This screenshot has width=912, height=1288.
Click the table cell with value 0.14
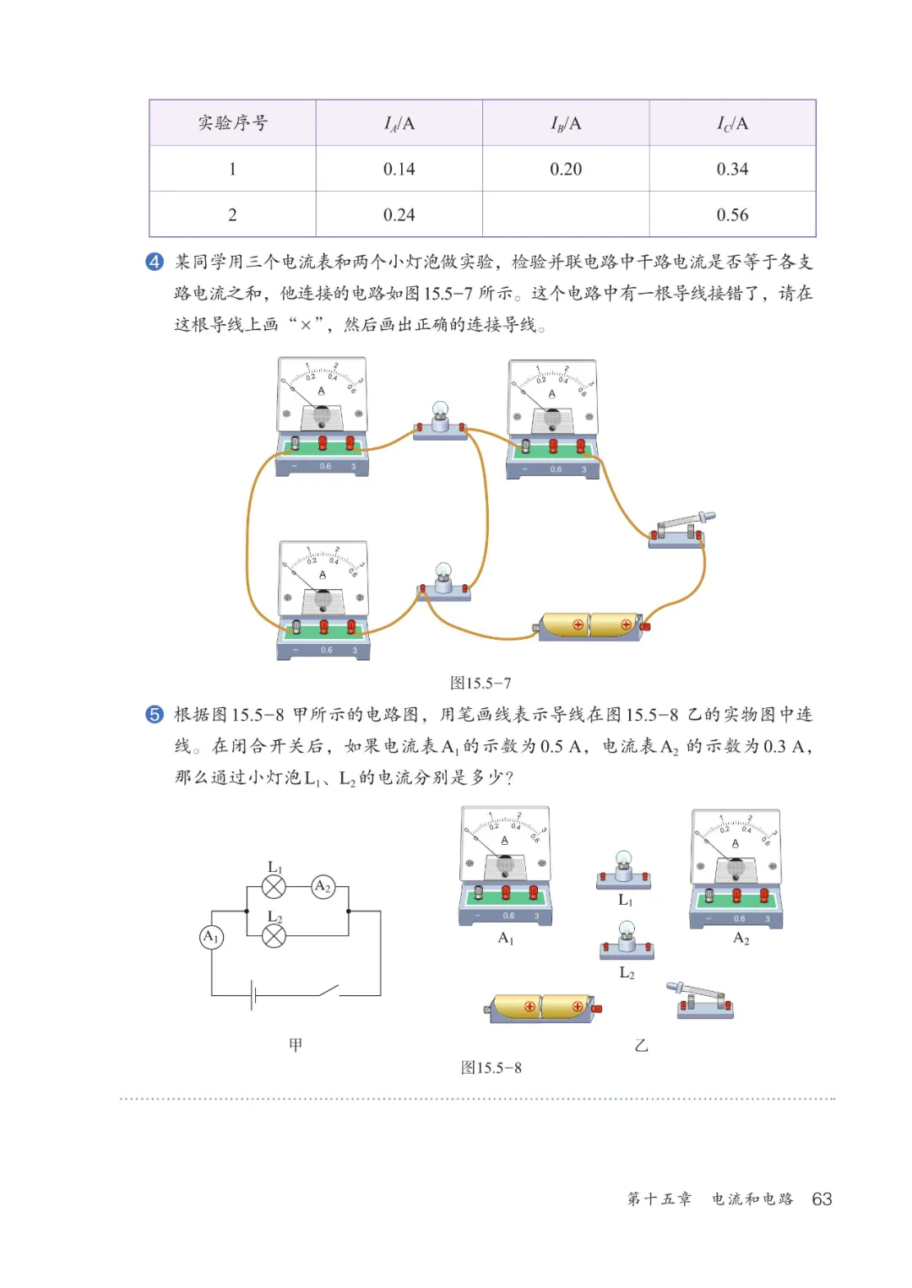tap(399, 169)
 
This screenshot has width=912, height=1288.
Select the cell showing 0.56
tap(732, 214)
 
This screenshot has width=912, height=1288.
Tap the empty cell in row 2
tap(566, 214)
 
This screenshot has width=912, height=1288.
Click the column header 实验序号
tap(232, 123)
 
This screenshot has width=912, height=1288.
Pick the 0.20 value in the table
tap(566, 169)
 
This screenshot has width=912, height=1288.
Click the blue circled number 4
tap(155, 262)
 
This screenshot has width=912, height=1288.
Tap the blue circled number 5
tap(155, 715)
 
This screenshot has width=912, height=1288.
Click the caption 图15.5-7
tap(480, 683)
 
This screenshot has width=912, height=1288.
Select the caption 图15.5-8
tap(491, 1068)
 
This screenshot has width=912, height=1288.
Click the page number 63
tap(822, 1199)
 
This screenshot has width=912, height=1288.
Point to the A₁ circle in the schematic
tap(211, 937)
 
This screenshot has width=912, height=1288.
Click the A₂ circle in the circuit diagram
tap(323, 886)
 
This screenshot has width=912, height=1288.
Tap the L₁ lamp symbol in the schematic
tap(274, 886)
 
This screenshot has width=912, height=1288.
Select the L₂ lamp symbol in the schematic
tap(274, 935)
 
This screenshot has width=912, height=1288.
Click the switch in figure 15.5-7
tap(679, 530)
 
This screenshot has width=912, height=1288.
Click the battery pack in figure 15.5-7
tap(590, 625)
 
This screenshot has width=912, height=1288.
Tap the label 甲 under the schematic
tap(296, 1045)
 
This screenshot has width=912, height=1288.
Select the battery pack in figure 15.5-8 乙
tap(542, 1007)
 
